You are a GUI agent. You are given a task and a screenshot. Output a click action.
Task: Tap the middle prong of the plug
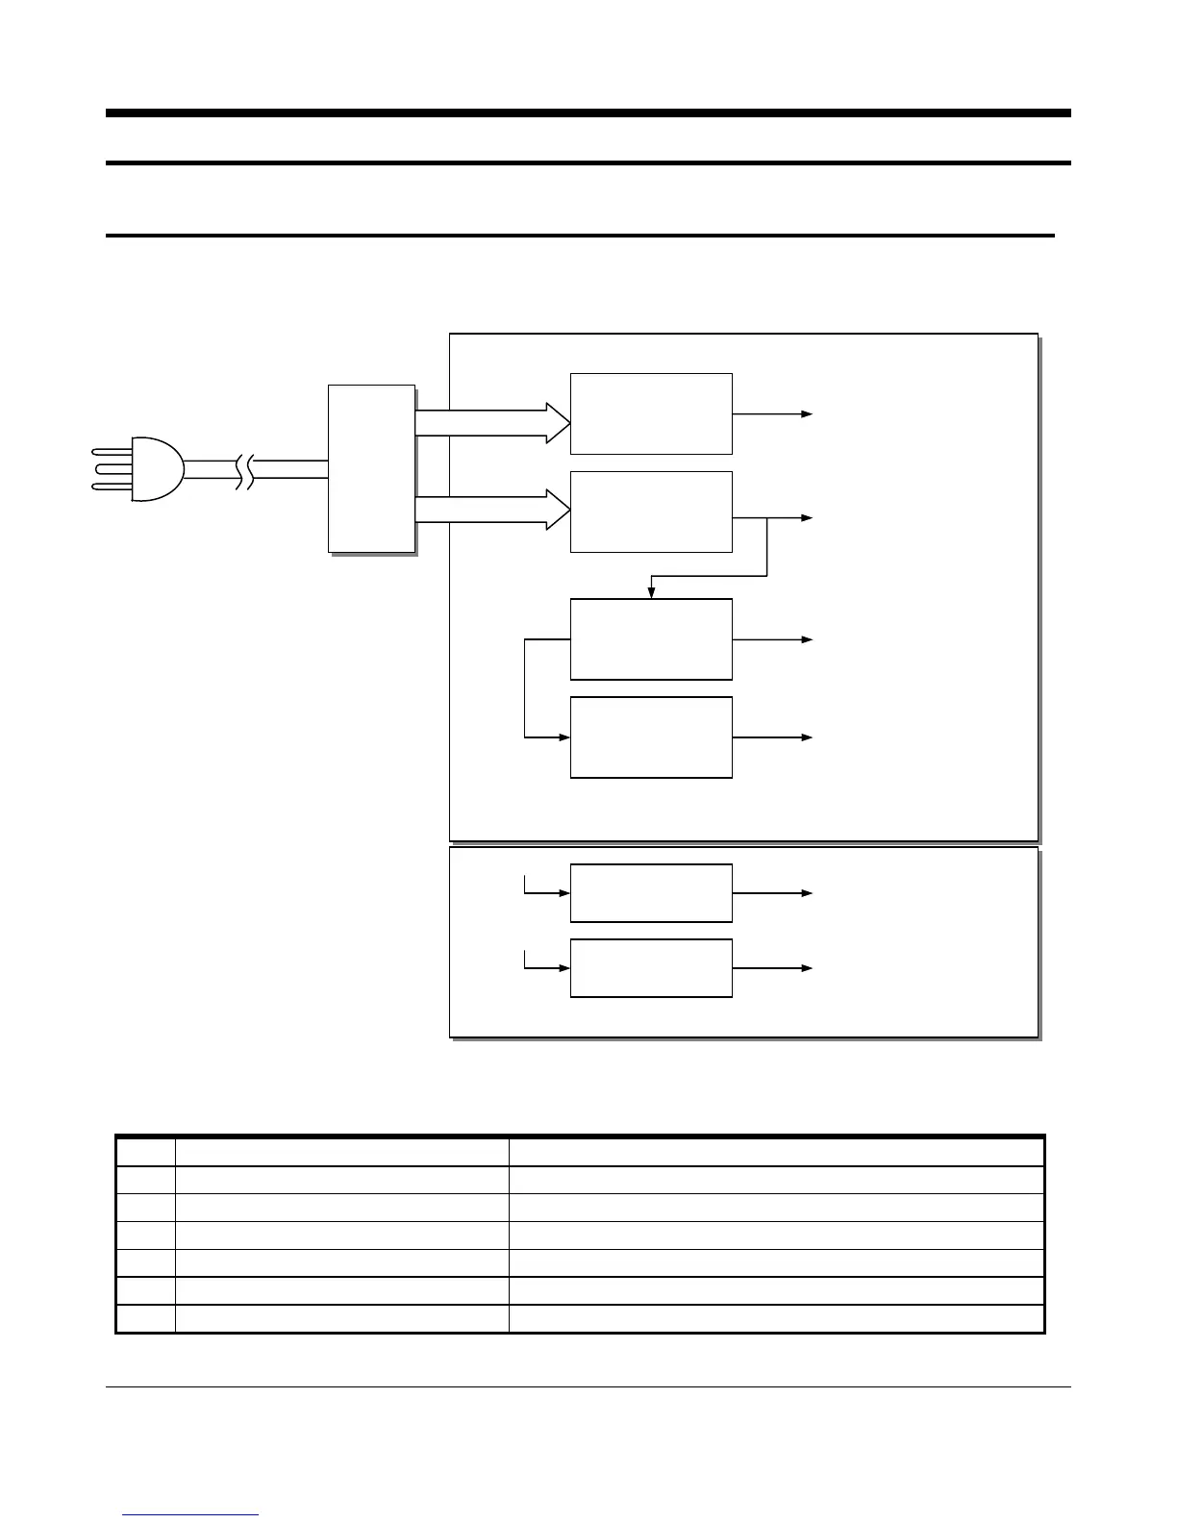(x=112, y=469)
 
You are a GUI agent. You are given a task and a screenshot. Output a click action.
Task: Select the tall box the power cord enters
(x=371, y=468)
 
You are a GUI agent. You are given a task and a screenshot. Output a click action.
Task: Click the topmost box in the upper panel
(x=651, y=413)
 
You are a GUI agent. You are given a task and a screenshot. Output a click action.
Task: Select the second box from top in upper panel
(x=651, y=512)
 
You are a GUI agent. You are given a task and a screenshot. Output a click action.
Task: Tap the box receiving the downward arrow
(x=651, y=638)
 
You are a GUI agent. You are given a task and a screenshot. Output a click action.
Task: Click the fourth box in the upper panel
(x=651, y=737)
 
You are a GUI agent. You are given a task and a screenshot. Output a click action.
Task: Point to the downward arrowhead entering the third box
(x=651, y=592)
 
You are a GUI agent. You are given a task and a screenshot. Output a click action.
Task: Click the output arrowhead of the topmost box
(x=808, y=414)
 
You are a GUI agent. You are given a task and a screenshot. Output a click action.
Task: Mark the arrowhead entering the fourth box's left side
(x=564, y=737)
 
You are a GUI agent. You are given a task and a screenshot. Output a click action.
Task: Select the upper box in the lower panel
(x=651, y=893)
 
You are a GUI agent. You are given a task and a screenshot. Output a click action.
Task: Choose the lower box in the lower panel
(x=651, y=968)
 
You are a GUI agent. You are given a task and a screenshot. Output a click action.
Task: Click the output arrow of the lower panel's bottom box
(x=806, y=968)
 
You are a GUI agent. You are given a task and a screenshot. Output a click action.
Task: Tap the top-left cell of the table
(x=146, y=1152)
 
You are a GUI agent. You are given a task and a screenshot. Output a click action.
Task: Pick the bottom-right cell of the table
(x=776, y=1318)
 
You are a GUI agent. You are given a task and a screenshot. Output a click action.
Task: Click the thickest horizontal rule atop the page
(x=588, y=113)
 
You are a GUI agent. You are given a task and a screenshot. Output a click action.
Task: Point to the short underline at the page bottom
(x=191, y=1515)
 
